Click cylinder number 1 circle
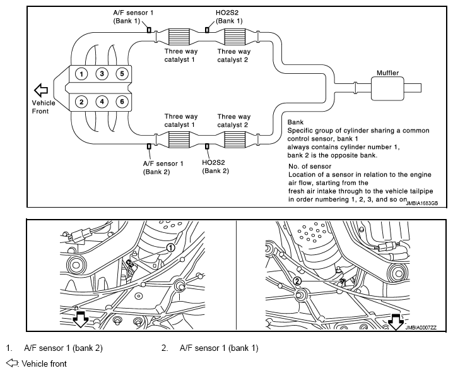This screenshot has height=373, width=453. tap(81, 74)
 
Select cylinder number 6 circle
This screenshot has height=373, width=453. tap(122, 102)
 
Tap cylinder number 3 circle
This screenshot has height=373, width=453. tap(102, 74)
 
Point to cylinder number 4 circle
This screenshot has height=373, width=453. tap(102, 102)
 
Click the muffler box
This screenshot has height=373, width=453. tap(387, 88)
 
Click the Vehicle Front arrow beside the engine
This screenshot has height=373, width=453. tap(41, 90)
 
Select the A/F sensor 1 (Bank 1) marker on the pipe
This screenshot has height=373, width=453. tap(149, 30)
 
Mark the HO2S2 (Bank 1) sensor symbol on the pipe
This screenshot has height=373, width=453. tap(207, 30)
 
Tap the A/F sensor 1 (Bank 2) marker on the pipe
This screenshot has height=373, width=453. tap(149, 146)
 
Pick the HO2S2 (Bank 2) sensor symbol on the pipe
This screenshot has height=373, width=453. tap(207, 146)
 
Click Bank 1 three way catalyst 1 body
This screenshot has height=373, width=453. tap(179, 37)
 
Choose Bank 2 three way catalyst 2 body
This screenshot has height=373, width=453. tap(235, 139)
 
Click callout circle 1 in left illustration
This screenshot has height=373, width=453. tap(171, 247)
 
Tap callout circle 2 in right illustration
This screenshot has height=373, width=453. tap(297, 281)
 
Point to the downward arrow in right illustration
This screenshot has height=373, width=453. tap(396, 322)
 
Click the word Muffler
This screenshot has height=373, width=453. tap(387, 73)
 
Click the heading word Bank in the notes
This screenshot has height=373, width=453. tap(295, 122)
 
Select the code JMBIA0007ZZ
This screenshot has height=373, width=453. tap(421, 328)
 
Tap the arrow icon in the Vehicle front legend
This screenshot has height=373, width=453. tap(12, 363)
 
